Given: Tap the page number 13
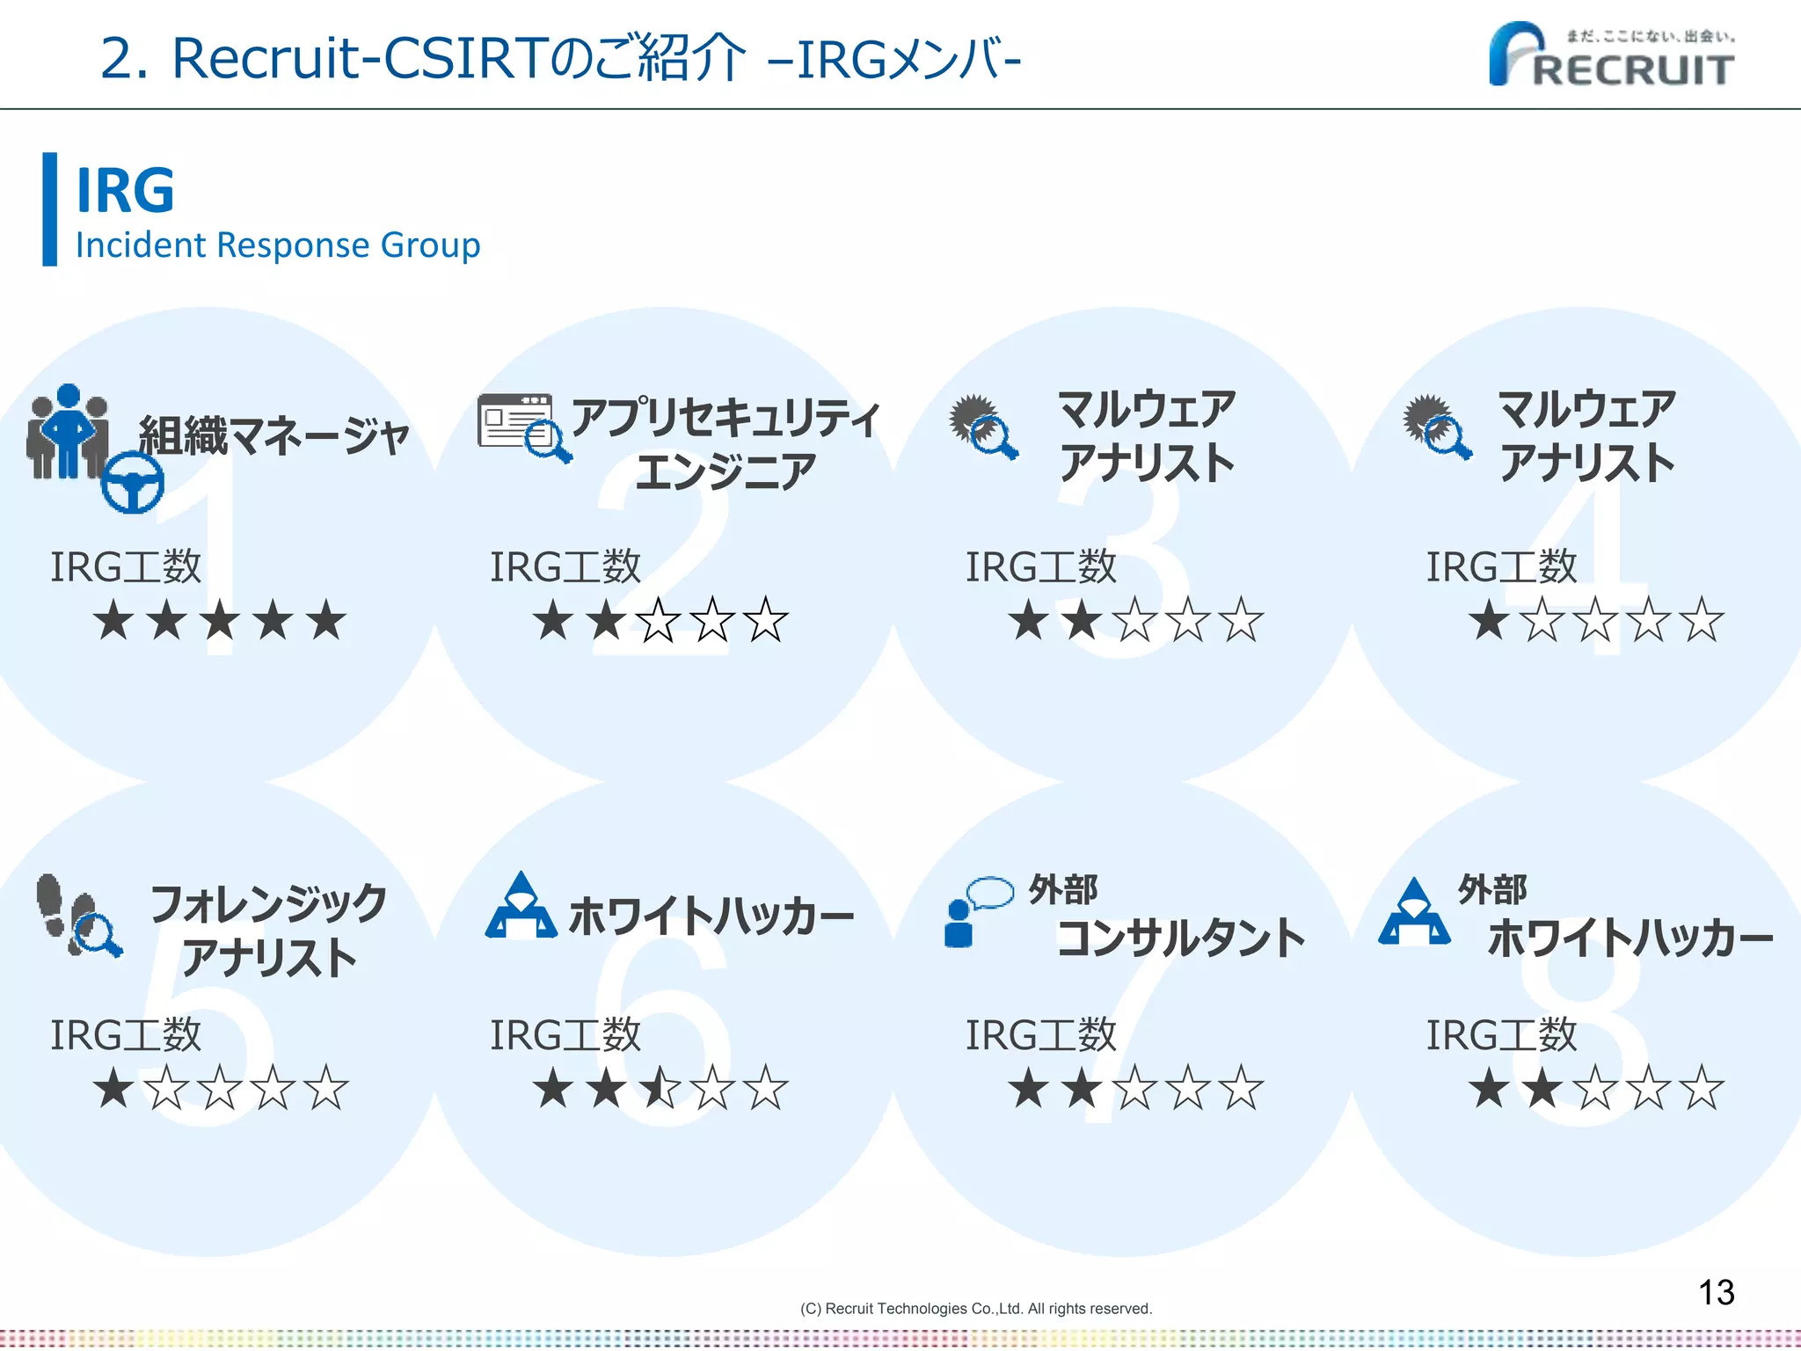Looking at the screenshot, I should click(x=1716, y=1292).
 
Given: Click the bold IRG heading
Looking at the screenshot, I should click(x=125, y=190).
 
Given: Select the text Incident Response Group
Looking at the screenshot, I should click(x=278, y=245).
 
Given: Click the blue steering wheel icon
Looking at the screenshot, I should click(x=132, y=482).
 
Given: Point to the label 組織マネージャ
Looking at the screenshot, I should click(x=274, y=435).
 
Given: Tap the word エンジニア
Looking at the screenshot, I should click(x=726, y=471).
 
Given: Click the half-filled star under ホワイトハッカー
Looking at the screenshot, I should click(x=660, y=1088).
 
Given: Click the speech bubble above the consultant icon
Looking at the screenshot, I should click(x=990, y=891).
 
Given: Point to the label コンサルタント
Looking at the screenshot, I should click(x=1181, y=938).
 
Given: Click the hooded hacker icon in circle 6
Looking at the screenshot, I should click(x=521, y=906).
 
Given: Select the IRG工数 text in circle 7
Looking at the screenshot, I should click(x=1040, y=1035).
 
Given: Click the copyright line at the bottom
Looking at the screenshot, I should click(x=975, y=1309).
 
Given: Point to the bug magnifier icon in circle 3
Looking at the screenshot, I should click(x=983, y=426).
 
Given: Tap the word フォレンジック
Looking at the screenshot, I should click(x=268, y=904).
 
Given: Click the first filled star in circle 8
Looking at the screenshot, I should click(x=1489, y=1088).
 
